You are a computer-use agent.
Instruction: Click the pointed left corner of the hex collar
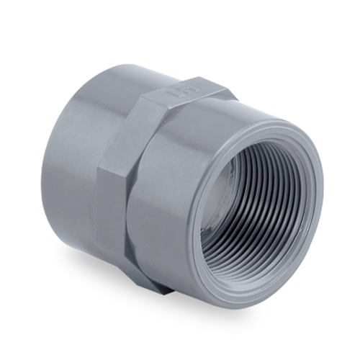[101, 155]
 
